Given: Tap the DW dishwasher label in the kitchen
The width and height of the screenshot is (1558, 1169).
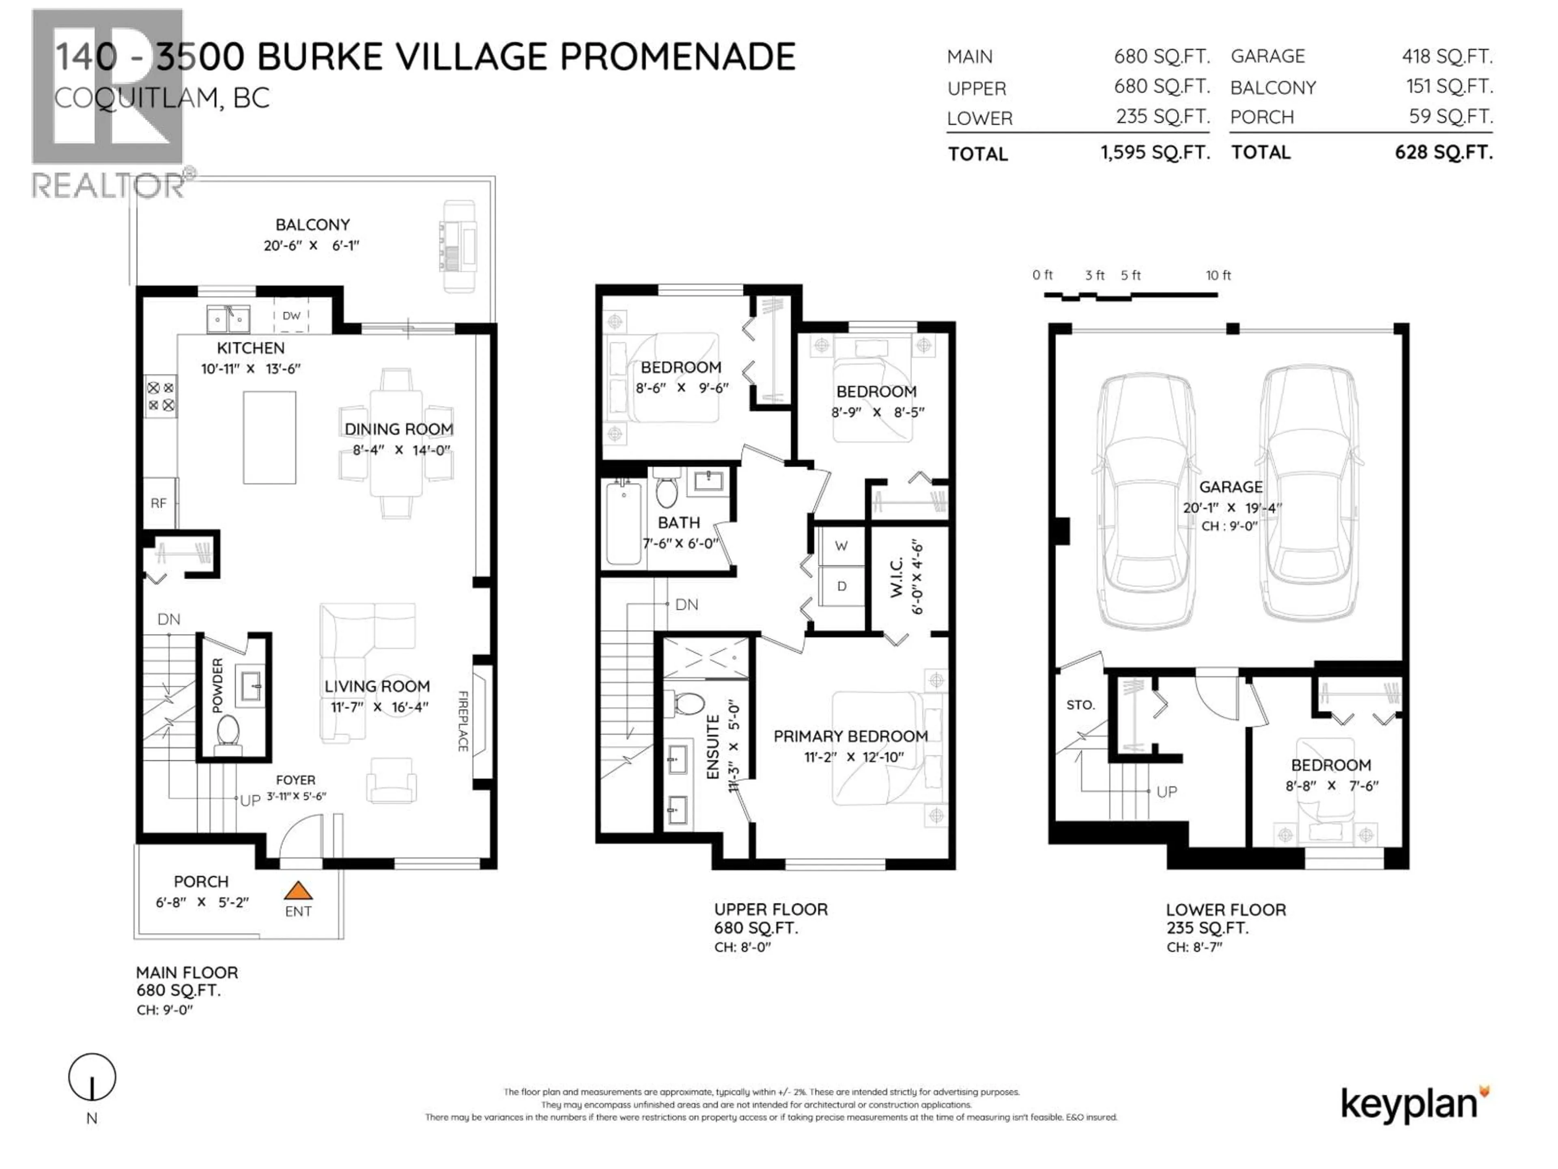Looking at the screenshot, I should click(292, 316).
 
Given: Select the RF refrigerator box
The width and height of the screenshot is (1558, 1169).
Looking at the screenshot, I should click(159, 503).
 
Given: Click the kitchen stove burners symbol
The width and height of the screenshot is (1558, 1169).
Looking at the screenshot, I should click(161, 397).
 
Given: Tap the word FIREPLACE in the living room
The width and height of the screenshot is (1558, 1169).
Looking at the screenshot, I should click(463, 721).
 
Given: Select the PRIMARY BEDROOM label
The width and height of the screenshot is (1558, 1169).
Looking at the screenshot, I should click(850, 736).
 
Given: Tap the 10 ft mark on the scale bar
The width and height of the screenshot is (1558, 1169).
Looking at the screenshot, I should click(1218, 276).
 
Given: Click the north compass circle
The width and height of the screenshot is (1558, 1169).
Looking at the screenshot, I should click(92, 1077).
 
